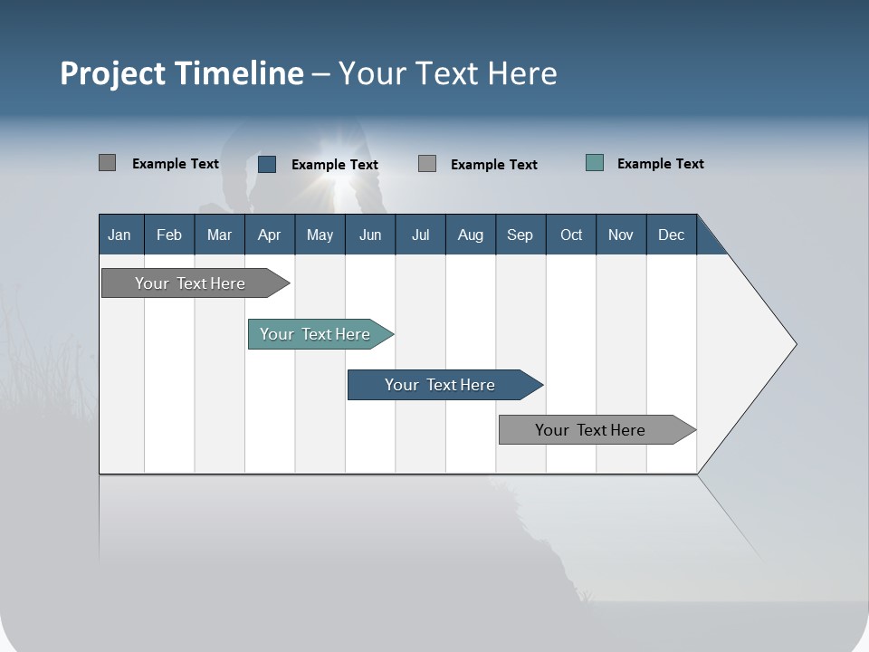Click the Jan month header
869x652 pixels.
coord(119,235)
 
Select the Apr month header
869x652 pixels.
coord(269,235)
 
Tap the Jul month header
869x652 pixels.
coord(420,235)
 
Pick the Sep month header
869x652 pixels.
coord(520,235)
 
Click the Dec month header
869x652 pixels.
coord(671,235)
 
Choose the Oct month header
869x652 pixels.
coord(571,235)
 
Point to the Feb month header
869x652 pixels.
coord(169,235)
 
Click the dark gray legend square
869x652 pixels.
coord(107,163)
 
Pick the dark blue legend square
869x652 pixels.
coord(267,164)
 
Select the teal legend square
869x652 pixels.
coord(595,163)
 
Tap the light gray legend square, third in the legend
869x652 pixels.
coord(427,164)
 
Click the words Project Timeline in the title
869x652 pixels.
coord(181,73)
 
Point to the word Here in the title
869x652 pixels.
coord(522,73)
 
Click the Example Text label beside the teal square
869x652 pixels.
coord(660,164)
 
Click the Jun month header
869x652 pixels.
coord(369,235)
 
